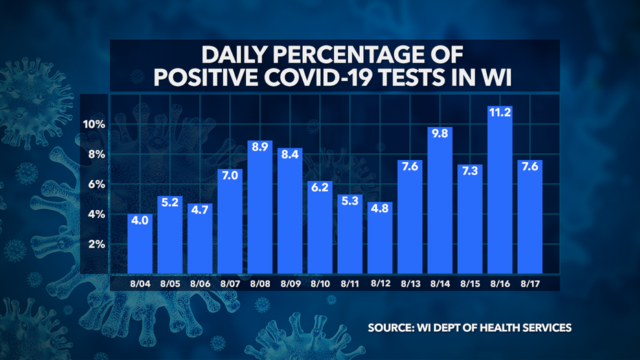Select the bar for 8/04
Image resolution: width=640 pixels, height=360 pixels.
tap(141, 244)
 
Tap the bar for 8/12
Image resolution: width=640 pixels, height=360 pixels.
tap(380, 237)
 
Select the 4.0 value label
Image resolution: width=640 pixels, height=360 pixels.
tap(141, 221)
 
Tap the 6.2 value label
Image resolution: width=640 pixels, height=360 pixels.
tap(320, 187)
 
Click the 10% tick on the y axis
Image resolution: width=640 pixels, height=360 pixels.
tap(92, 124)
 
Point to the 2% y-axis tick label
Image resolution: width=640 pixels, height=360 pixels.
tap(95, 245)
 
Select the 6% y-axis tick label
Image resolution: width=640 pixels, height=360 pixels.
tap(95, 185)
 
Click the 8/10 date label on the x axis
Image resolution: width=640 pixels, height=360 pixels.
tap(320, 282)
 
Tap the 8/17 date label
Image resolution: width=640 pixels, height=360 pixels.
tap(530, 282)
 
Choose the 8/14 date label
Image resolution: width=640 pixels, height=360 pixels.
tap(440, 282)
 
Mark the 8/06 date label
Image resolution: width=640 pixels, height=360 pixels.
tap(201, 282)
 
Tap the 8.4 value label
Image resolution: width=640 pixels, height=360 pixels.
tap(290, 155)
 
